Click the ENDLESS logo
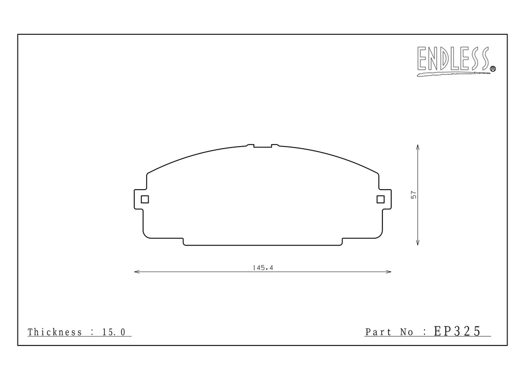(454, 60)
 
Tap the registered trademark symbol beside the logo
(493, 69)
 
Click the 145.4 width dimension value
(263, 267)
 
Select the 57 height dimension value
(414, 195)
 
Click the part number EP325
(457, 331)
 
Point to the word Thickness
(55, 332)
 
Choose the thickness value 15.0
(114, 332)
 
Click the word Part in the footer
(378, 332)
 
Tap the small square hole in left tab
(145, 199)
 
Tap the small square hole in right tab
(380, 199)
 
